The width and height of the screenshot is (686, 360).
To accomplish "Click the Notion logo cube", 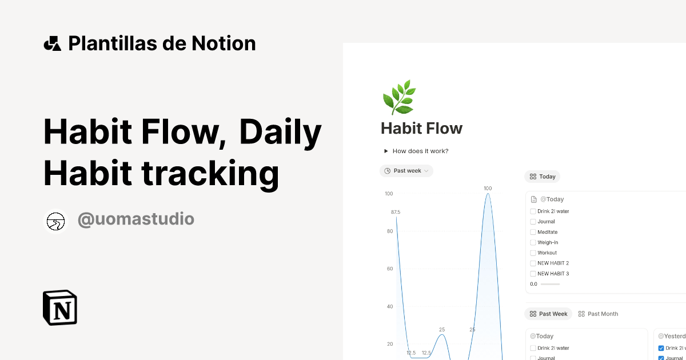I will click(x=60, y=307).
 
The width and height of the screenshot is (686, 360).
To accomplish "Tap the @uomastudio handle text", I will click(x=135, y=219).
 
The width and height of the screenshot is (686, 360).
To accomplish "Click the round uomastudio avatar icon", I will click(x=55, y=221).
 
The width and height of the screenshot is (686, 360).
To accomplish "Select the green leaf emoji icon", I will click(x=398, y=97).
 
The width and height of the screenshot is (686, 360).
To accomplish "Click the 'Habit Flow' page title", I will click(x=421, y=129).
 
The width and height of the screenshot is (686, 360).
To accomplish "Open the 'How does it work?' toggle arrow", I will click(x=386, y=151).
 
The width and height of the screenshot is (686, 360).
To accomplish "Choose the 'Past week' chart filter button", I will click(x=406, y=171).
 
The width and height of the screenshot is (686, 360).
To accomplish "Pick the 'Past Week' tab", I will click(x=548, y=314).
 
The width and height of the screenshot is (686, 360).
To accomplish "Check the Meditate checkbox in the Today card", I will click(x=533, y=232).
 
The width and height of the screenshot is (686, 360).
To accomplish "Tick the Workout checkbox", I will click(x=533, y=253).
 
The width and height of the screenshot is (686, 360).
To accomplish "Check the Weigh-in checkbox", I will click(x=533, y=243).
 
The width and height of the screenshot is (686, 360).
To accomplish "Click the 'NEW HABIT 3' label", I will click(x=553, y=274).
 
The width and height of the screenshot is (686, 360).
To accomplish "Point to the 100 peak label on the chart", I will click(x=488, y=188).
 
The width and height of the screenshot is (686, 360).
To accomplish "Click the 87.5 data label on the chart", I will click(x=396, y=212).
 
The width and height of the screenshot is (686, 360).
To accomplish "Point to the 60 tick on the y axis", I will click(x=389, y=269).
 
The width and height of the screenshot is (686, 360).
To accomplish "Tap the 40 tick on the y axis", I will click(x=389, y=306).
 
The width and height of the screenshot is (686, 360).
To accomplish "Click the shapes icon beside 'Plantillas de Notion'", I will click(x=52, y=43).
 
